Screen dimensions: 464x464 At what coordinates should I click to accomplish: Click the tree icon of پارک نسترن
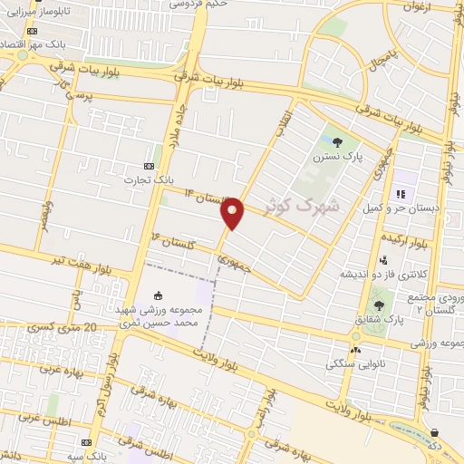337,140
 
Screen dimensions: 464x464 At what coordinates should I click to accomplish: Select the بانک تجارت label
141,179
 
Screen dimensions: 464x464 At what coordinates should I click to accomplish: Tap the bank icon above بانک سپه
86,442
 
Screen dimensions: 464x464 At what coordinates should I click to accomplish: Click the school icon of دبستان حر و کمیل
400,192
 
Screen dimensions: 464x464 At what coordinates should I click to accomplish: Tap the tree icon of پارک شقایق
378,304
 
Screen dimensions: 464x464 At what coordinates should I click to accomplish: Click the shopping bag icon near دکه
435,433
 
